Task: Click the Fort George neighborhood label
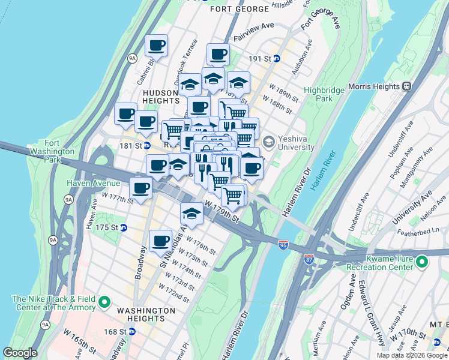240,9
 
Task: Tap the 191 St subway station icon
277,59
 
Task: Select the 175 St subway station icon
124,227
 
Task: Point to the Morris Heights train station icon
406,86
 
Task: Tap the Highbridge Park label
326,94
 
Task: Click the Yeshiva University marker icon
268,142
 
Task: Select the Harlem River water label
325,171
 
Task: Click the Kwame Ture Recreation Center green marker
422,262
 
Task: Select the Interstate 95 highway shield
284,244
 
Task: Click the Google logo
20,353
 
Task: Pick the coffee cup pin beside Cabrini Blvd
156,46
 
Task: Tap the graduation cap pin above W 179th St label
191,214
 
